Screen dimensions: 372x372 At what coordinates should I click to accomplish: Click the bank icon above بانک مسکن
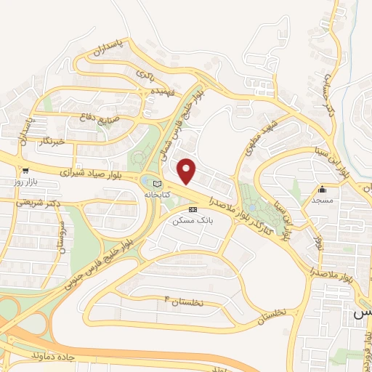192,209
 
